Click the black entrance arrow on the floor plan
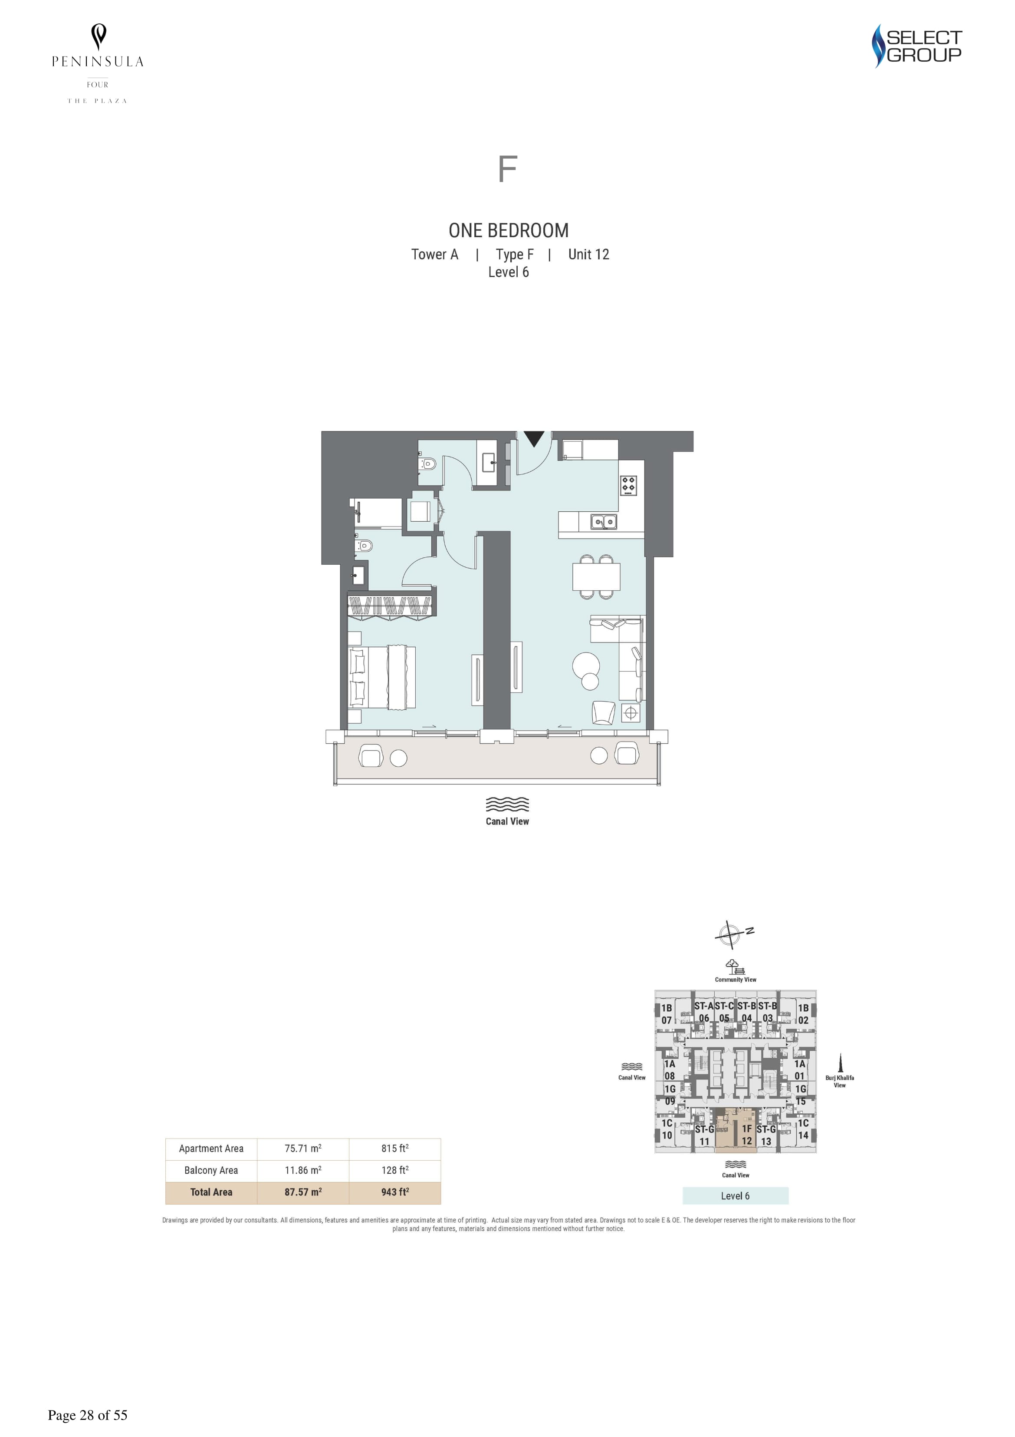[x=533, y=438]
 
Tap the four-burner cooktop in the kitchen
[x=628, y=485]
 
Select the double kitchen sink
[x=604, y=521]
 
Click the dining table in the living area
[x=596, y=576]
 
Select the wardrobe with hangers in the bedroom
[x=391, y=606]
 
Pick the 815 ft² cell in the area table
[x=394, y=1149]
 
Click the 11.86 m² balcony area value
[x=303, y=1170]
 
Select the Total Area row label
[x=211, y=1192]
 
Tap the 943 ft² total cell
[x=394, y=1192]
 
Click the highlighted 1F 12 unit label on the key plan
[x=747, y=1135]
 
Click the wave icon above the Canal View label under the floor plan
[x=507, y=804]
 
